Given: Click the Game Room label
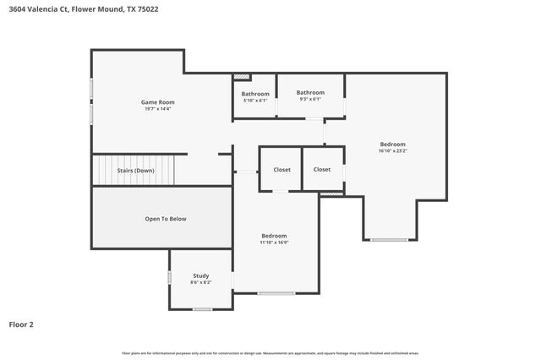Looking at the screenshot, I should tap(158, 102).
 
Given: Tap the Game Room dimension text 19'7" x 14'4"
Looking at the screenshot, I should tap(158, 109).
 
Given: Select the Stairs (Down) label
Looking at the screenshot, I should tap(135, 170).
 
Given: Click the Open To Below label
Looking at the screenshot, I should tap(166, 219).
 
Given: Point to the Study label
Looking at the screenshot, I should tap(201, 275).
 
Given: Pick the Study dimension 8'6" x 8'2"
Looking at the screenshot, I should tap(201, 282).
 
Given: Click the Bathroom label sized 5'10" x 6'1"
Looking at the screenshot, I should tap(255, 94).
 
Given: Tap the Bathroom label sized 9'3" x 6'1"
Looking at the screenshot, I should tap(310, 92).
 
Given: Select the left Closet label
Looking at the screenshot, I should tap(281, 170).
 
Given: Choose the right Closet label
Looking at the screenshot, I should tap(322, 170).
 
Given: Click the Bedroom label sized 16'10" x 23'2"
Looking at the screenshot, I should tap(393, 145).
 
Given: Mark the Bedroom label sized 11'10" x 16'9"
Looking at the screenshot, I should tap(274, 236).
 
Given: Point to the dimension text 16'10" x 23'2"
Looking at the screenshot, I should tap(393, 151).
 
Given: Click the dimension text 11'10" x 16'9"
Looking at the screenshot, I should tap(274, 243).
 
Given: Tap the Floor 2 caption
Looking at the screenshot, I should tap(21, 324).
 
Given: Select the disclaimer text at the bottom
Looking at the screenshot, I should tap(270, 352).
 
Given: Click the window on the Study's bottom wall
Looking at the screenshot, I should tap(202, 309).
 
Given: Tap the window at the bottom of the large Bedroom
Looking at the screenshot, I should tap(389, 240).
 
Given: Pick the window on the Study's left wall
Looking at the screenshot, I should tap(170, 277).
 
